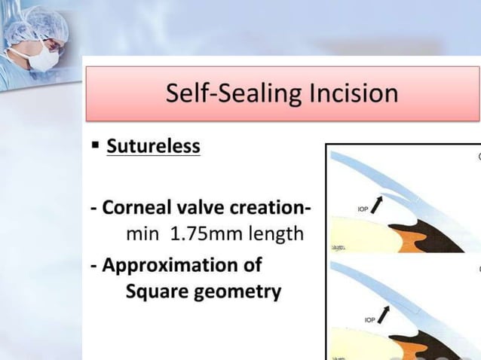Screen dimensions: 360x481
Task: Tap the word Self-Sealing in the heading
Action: pos(228,93)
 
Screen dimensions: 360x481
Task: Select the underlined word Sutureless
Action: pos(153,145)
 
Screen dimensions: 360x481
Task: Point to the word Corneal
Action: pos(137,206)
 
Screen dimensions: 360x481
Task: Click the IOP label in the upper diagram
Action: pos(363,208)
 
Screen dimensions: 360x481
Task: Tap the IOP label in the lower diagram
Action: pos(370,320)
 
